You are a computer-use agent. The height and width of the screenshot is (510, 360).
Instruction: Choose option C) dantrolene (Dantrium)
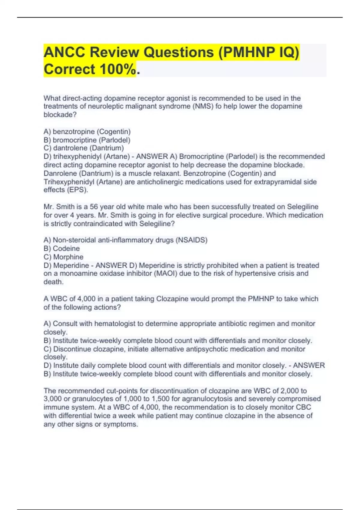tap(84, 148)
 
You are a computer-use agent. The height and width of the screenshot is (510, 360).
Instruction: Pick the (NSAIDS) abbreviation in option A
tap(191, 240)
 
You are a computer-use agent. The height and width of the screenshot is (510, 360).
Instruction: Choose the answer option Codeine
tap(66, 248)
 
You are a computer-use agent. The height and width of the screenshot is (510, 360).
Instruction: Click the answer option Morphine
tap(68, 257)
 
